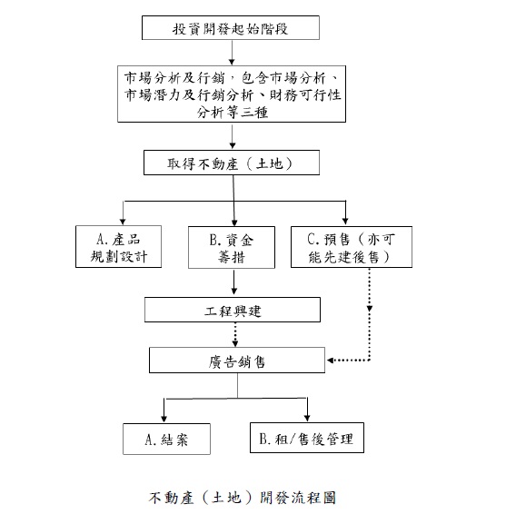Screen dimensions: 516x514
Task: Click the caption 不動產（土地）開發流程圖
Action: pyautogui.click(x=243, y=498)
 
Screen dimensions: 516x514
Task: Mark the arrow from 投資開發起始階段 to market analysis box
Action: pyautogui.click(x=232, y=53)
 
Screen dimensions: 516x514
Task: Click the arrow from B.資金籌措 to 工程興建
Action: pyautogui.click(x=234, y=282)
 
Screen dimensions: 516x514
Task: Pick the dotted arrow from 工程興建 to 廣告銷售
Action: pyautogui.click(x=235, y=334)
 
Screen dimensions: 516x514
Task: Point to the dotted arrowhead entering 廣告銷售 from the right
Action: pyautogui.click(x=330, y=360)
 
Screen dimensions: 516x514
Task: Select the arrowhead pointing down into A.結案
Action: pyautogui.click(x=164, y=419)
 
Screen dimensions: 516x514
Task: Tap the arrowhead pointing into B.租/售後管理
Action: pyautogui.click(x=307, y=418)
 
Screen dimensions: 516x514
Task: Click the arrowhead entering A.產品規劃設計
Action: pyautogui.click(x=123, y=221)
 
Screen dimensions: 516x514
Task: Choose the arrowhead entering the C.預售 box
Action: pyautogui.click(x=345, y=221)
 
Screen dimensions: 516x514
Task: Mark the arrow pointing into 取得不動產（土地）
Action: pyautogui.click(x=233, y=136)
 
